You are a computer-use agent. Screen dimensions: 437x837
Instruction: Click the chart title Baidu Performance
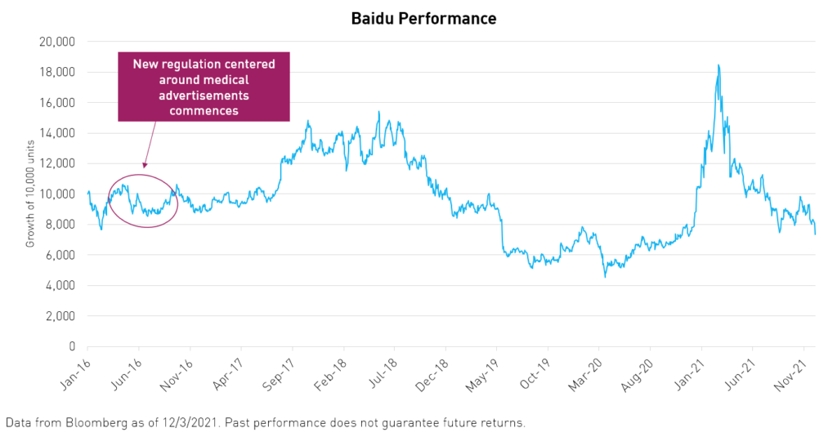(x=423, y=17)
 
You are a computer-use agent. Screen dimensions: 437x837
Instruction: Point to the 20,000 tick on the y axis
(x=57, y=42)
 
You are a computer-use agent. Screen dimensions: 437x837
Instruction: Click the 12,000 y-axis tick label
(x=57, y=163)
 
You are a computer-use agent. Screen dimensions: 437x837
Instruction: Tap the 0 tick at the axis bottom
(x=72, y=346)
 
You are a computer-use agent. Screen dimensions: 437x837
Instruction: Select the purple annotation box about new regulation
(x=204, y=87)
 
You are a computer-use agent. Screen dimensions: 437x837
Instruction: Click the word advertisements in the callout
(x=204, y=96)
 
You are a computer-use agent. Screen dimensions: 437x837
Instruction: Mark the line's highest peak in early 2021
(x=718, y=65)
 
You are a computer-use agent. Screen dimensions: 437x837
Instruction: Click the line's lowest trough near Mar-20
(x=605, y=277)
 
